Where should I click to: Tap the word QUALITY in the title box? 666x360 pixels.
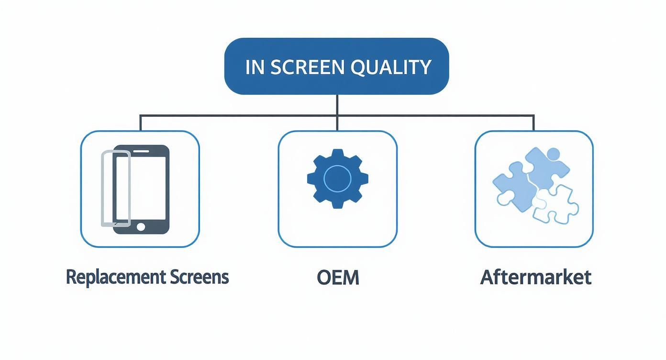coord(391,67)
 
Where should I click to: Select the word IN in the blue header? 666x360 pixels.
coord(255,67)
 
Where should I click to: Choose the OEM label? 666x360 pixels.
coord(338,278)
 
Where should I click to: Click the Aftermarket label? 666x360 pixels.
coord(535,278)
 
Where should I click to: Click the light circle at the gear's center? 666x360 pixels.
coord(338,179)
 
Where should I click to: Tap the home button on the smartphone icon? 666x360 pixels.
coord(141,226)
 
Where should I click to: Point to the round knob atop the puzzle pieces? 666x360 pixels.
coord(553,154)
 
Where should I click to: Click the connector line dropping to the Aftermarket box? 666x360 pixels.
coord(533,123)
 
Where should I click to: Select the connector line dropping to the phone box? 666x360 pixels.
coord(140,123)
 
